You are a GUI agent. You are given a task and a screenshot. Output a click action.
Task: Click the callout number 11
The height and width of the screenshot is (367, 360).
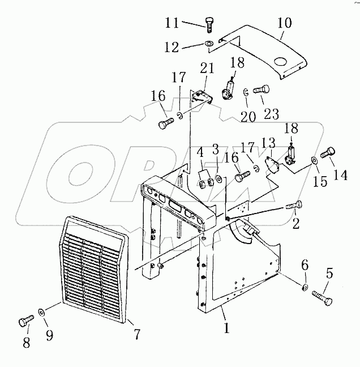[x=172, y=23]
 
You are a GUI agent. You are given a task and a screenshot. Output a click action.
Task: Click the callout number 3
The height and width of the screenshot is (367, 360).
[x=215, y=151]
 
